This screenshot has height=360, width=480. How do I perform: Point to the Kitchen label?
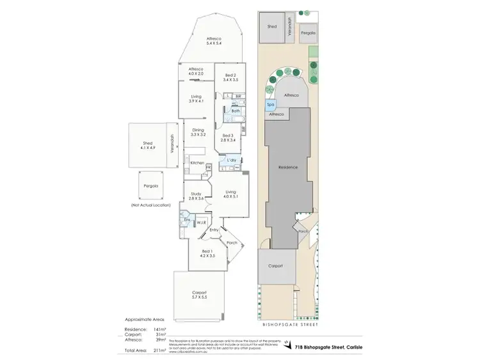(x=196, y=163)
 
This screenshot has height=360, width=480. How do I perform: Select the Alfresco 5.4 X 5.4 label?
(x=213, y=40)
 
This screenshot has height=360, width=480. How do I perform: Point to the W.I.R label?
(x=200, y=223)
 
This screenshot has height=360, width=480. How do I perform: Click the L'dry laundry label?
(x=230, y=159)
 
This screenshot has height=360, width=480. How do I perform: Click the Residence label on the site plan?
(x=288, y=167)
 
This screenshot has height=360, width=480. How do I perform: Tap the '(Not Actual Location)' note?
(x=151, y=204)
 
